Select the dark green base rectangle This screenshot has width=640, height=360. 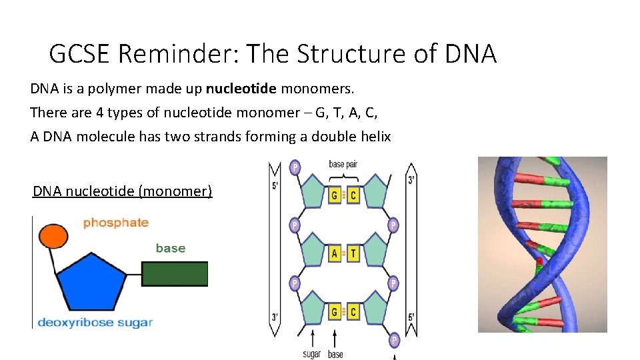tap(175, 273)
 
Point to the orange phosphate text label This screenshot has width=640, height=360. tap(115, 223)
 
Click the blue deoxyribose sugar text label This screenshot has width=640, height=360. tap(95, 323)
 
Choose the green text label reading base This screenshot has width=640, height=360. tap(170, 248)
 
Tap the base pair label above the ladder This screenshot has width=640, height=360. tap(344, 165)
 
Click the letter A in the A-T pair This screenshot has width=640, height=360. tap(335, 253)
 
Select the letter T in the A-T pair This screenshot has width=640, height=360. tap(353, 253)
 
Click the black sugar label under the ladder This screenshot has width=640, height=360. tap(311, 353)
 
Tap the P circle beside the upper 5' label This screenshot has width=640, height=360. tap(295, 167)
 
